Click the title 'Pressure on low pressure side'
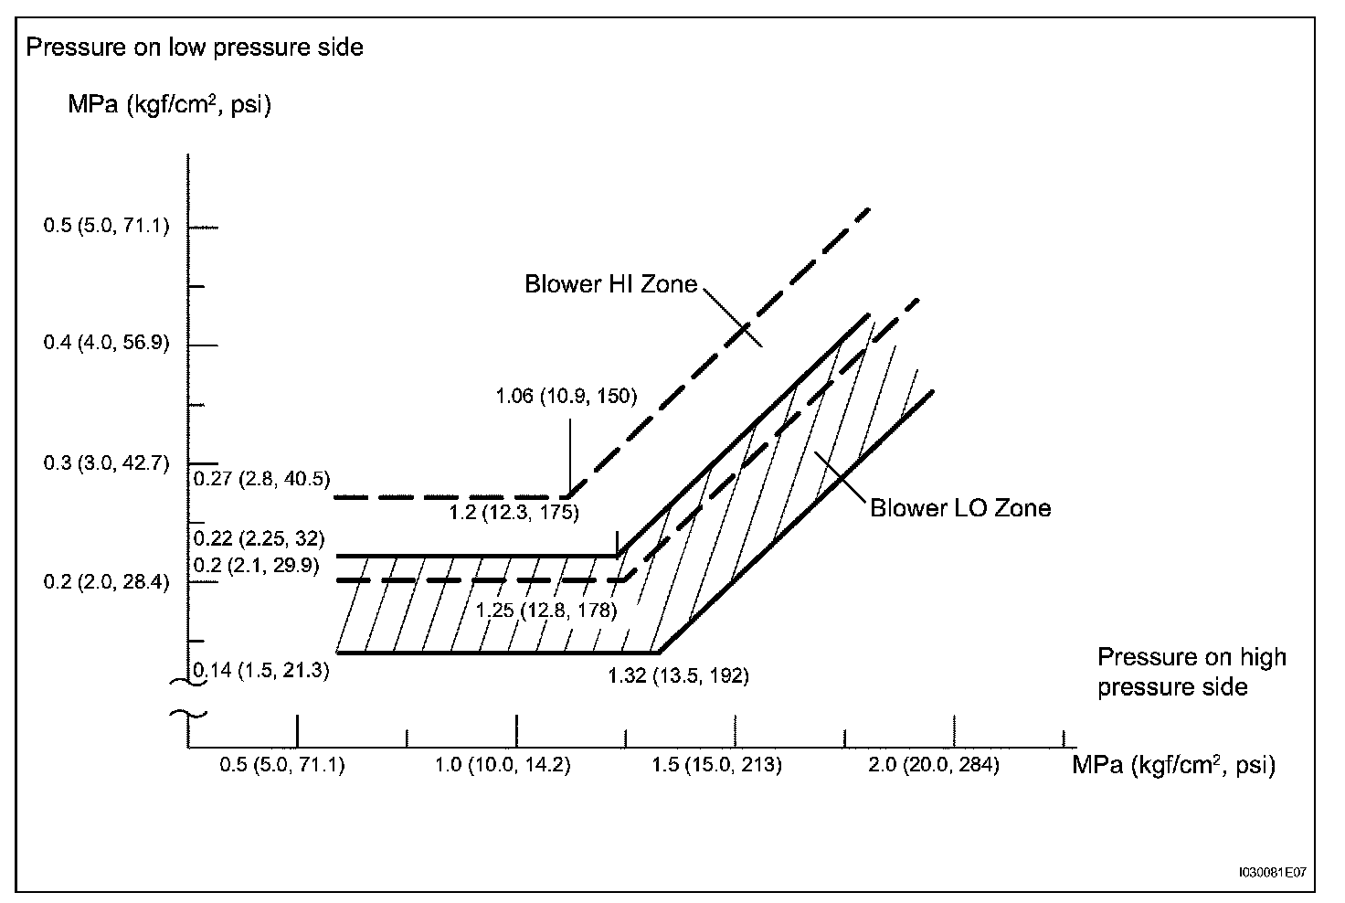pyautogui.click(x=195, y=48)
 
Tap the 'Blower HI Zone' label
pyautogui.click(x=610, y=284)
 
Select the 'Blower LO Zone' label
pyautogui.click(x=959, y=508)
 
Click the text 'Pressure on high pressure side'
pyautogui.click(x=1191, y=671)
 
